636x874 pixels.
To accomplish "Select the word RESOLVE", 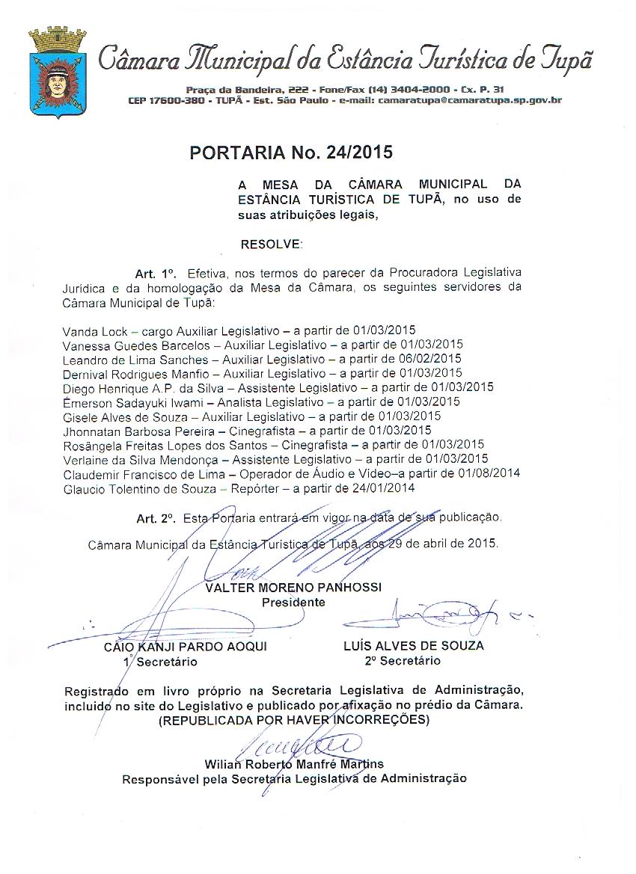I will tap(272, 244).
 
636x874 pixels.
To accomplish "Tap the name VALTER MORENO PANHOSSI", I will tap(293, 588).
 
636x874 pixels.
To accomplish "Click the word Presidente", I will tap(293, 601).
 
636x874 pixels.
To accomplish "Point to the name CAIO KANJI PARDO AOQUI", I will tap(185, 647).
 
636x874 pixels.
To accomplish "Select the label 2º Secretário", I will tap(403, 660).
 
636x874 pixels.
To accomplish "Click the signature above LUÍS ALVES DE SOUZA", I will tap(434, 618).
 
